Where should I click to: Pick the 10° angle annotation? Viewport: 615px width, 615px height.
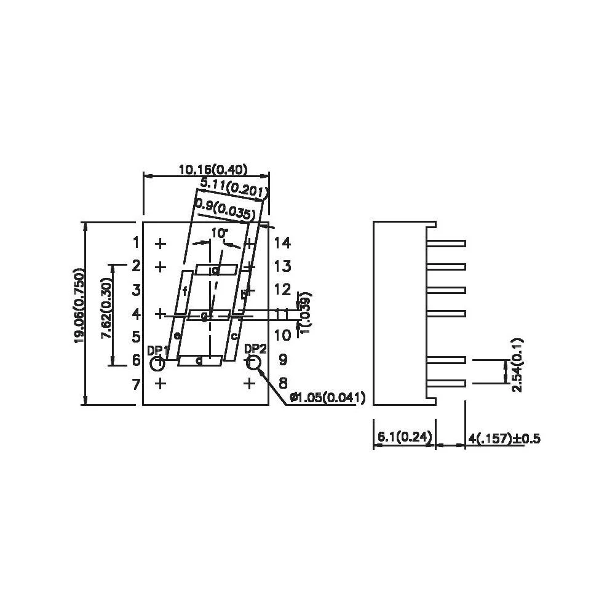[x=218, y=233]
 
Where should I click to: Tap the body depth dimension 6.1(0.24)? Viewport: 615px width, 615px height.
[x=403, y=437]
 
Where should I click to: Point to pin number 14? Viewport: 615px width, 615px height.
[x=282, y=243]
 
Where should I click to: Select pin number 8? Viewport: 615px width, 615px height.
[x=282, y=383]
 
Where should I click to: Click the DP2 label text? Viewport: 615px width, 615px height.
[x=255, y=349]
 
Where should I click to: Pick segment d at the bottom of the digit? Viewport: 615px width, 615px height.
[x=200, y=361]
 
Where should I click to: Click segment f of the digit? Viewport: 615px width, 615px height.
[x=184, y=292]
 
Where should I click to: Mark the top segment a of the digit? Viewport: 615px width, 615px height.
[x=216, y=269]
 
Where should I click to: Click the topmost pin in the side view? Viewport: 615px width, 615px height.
[x=450, y=244]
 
